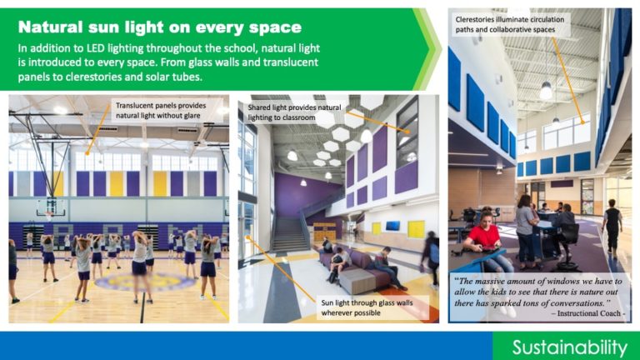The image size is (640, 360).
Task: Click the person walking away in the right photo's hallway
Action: (612, 227)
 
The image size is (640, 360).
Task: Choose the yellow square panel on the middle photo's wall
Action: (414, 227)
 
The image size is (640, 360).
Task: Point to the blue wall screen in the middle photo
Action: (392, 225)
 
